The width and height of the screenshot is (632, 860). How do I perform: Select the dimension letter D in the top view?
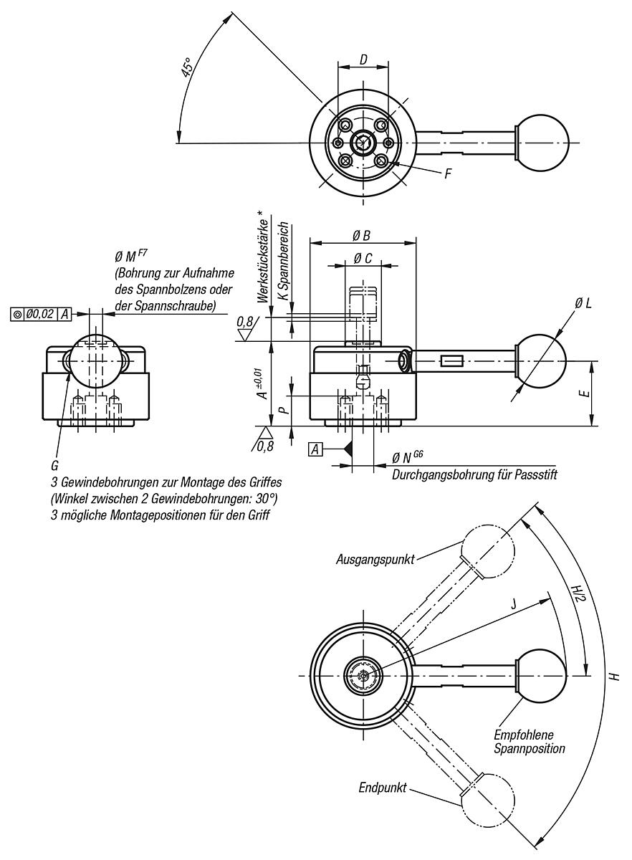tap(363, 59)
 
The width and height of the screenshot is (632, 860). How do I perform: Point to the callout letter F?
tap(447, 173)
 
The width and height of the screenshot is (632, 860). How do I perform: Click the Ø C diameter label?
tap(363, 259)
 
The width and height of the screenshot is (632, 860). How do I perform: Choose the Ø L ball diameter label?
tap(583, 304)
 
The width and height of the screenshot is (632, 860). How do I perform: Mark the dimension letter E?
tap(585, 394)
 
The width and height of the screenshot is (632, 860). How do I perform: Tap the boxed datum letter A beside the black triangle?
tap(315, 449)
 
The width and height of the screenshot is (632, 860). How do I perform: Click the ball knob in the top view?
tap(542, 143)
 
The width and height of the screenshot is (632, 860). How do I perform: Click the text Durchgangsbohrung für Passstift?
tap(474, 474)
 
